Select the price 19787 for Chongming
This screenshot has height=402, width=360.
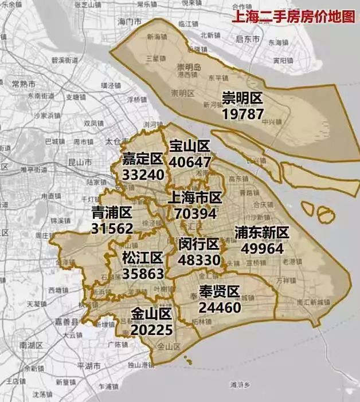pos(243,113)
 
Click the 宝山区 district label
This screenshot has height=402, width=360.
pos(190,147)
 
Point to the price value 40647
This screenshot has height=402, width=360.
pos(190,162)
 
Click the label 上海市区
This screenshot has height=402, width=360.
pos(195,198)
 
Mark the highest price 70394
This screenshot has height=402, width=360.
pos(195,214)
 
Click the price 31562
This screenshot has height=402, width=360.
pos(112,228)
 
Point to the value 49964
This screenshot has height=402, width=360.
pos(262,249)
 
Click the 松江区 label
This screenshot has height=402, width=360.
pos(143,258)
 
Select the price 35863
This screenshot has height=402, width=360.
pos(143,273)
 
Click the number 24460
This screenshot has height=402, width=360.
pos(220,307)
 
